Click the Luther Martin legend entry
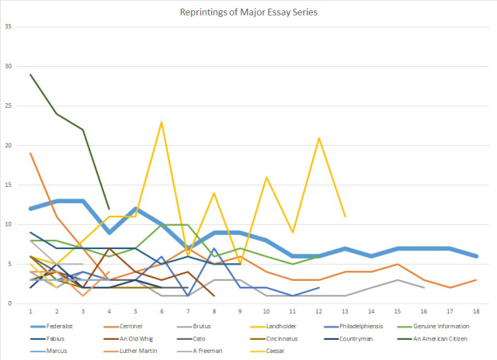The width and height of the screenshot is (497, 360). tap(137, 350)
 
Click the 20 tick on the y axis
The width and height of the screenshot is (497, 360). tap(10, 145)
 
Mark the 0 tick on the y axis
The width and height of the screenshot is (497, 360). tap(12, 303)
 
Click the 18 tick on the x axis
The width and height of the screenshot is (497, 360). tap(476, 312)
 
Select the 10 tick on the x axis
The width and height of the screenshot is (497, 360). tap(266, 312)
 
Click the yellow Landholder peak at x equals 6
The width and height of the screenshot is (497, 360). tap(161, 122)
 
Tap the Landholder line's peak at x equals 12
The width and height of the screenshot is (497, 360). tap(318, 137)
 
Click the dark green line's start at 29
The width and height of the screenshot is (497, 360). tap(30, 74)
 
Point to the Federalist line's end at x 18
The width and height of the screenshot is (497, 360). tap(476, 256)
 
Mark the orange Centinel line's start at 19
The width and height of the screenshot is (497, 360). tap(30, 153)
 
